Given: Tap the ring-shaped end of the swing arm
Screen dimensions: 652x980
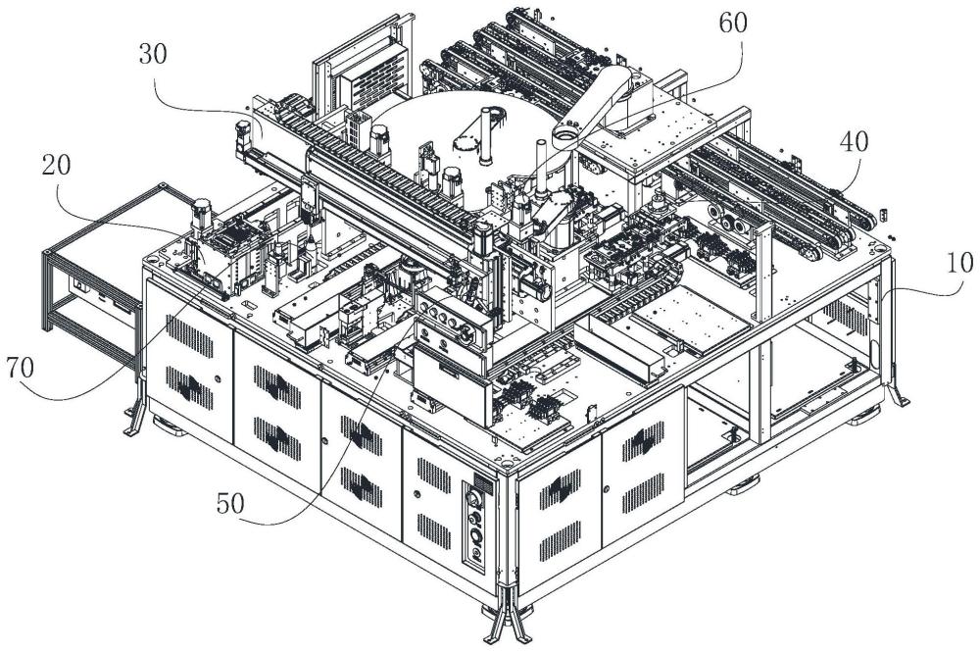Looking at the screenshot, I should pyautogui.click(x=567, y=135).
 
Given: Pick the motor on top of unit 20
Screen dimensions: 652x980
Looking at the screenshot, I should pyautogui.click(x=205, y=213).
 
